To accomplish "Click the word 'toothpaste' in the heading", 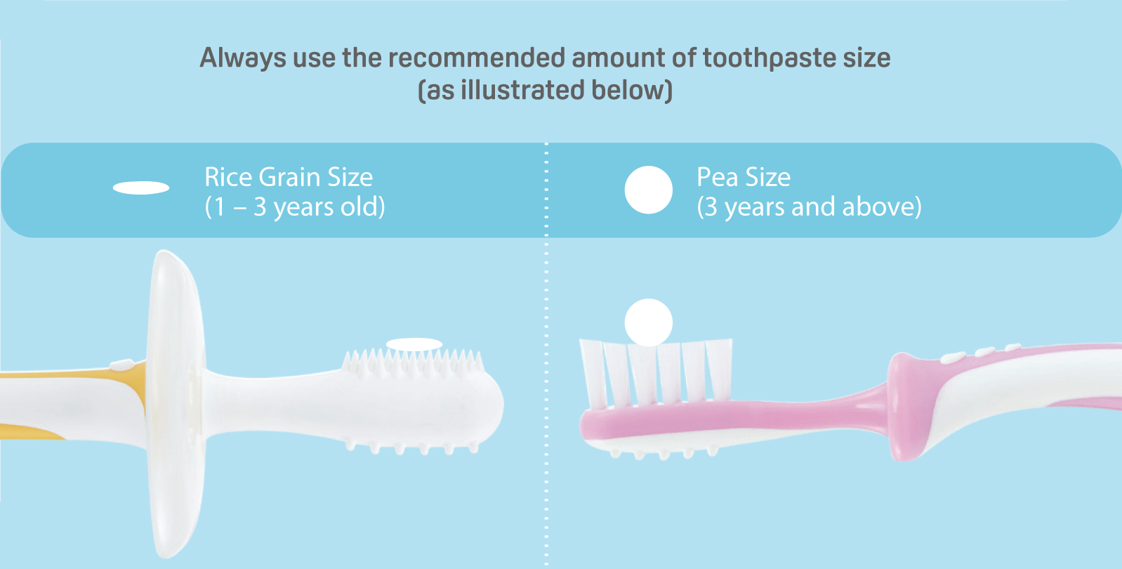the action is click(770, 58).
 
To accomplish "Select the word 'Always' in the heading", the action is click(243, 58).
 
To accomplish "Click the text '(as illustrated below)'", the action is click(545, 90).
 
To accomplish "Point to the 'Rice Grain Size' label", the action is click(289, 177).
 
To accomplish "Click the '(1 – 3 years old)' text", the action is click(295, 207).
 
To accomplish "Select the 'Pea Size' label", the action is click(744, 177).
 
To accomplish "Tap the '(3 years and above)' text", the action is click(809, 207).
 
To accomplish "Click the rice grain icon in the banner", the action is click(141, 188).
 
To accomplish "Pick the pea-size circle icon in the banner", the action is click(649, 190).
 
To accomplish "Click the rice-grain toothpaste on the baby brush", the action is click(414, 344).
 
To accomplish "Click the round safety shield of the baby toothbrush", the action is click(176, 404).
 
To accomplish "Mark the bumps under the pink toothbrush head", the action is click(664, 453).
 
